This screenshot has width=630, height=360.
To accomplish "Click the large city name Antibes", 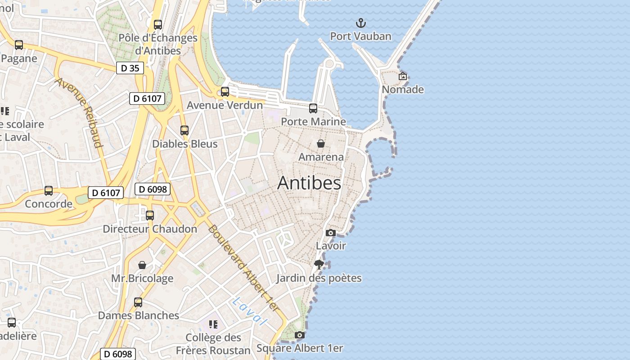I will point(309,183).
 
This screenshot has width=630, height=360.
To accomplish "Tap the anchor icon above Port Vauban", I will point(360,23).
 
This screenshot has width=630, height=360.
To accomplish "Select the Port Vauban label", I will point(360,36).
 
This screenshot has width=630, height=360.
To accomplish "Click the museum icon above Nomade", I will point(403,76).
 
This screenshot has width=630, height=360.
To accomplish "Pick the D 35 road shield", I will point(130,68).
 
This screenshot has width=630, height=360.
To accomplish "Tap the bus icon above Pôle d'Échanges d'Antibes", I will point(157,25).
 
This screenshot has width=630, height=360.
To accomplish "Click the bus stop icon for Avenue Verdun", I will point(225,92).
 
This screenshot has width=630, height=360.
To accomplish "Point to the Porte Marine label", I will point(313,121).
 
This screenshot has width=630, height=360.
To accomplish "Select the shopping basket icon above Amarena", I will point(321,144).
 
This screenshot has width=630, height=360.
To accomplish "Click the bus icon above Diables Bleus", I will point(184,130).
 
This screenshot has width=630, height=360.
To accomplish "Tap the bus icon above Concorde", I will point(49,191).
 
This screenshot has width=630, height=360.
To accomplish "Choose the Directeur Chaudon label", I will point(150,229).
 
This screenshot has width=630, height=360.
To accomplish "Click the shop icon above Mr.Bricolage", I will point(142,265).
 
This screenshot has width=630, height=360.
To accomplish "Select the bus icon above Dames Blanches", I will point(138,302).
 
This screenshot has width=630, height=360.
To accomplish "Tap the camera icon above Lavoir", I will point(331,233).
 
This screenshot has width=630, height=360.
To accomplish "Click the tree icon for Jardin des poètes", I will point(319,265).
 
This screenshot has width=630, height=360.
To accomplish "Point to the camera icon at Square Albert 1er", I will point(299,335).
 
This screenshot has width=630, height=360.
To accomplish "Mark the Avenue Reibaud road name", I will point(79,112).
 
